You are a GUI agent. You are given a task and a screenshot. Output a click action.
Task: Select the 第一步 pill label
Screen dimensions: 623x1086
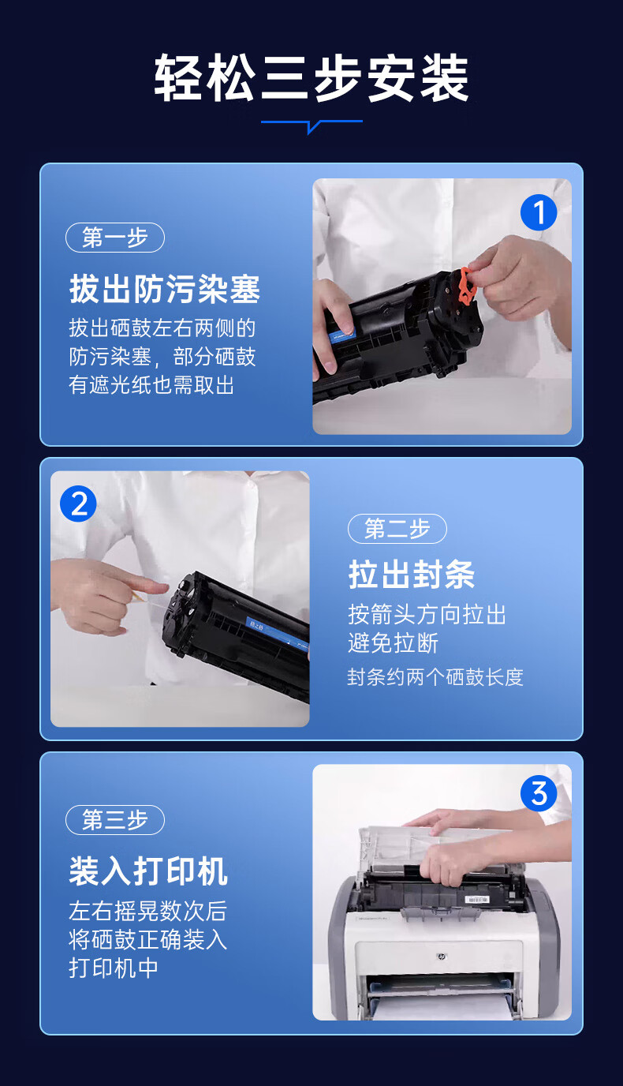tap(115, 238)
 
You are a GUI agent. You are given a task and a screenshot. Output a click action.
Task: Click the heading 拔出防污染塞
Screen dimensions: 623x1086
tap(165, 289)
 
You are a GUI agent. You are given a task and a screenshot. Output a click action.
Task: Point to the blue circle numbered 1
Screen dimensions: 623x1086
tap(538, 212)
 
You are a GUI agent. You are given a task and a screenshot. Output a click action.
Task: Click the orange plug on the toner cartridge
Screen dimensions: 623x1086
tap(468, 286)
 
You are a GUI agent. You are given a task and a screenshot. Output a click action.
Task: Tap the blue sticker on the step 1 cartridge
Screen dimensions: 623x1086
tap(342, 334)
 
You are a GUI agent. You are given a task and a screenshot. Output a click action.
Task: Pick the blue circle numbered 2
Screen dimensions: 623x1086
tap(78, 504)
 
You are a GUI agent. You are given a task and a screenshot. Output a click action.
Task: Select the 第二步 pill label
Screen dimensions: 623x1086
tap(397, 529)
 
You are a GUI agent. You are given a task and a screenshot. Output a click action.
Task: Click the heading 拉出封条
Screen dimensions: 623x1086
tap(412, 575)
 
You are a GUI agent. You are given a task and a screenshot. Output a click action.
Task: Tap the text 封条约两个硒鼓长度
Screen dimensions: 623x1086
tap(435, 677)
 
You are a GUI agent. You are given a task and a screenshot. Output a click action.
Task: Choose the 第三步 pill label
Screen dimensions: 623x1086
tap(115, 820)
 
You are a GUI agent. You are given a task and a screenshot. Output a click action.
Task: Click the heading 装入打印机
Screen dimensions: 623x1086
tap(148, 871)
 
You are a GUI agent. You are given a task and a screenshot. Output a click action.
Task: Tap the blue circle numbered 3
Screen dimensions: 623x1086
tap(538, 794)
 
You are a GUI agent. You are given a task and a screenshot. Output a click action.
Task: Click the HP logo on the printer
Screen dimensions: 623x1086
tap(441, 957)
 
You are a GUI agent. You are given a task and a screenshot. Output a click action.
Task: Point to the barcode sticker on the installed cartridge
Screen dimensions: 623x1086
tap(476, 900)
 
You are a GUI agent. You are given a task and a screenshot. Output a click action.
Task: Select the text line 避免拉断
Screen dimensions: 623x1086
tap(393, 643)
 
